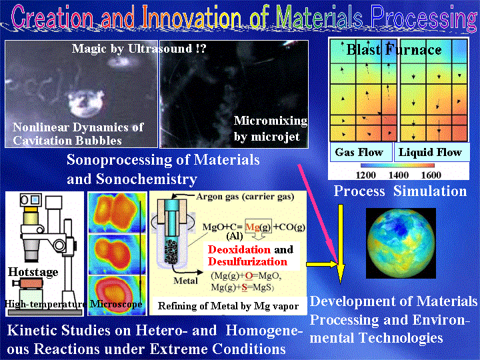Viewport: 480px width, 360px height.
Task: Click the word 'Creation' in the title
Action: tap(52, 17)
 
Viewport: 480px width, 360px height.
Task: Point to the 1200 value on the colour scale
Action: tap(366, 175)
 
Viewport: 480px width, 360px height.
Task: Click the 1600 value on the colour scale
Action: tap(431, 175)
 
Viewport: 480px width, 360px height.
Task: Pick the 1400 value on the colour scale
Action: tap(399, 175)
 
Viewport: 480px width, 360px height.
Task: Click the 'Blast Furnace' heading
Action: tap(394, 49)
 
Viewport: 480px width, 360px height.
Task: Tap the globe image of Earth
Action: tap(401, 243)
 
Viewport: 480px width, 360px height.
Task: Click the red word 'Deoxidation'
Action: tap(239, 249)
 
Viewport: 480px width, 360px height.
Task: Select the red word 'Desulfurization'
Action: tap(247, 262)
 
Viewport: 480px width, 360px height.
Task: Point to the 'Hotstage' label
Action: tap(33, 272)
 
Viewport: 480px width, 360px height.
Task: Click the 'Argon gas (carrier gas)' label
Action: tap(245, 197)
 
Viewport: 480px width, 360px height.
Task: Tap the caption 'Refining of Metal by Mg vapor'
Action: tap(229, 306)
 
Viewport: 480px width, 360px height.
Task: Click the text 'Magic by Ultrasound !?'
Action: tap(139, 49)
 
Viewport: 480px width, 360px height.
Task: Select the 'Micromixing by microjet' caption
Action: tap(271, 129)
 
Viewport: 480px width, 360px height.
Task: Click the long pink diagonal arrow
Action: tap(319, 214)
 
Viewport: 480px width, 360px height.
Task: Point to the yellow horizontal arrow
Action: tap(322, 264)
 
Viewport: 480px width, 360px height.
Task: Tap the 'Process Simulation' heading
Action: tap(401, 191)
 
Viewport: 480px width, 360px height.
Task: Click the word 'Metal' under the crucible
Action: tap(185, 281)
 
